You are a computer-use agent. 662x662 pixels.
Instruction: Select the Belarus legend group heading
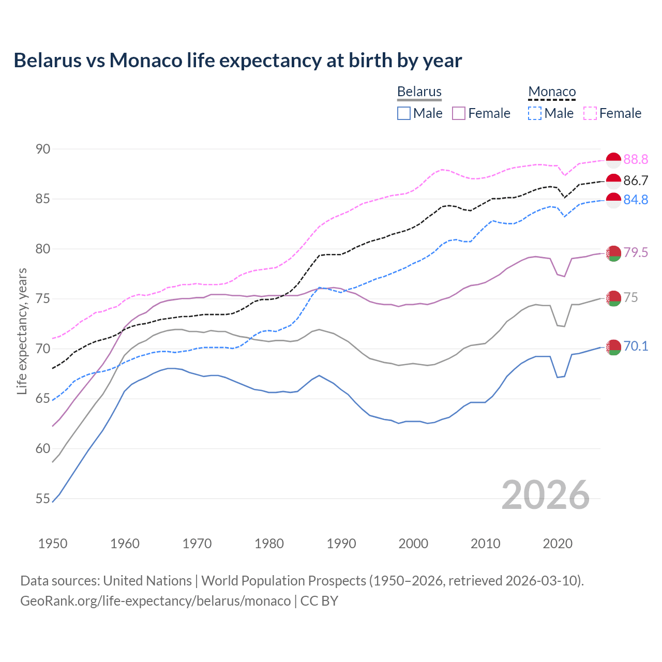point(419,92)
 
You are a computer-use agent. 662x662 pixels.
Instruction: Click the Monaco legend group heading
point(552,92)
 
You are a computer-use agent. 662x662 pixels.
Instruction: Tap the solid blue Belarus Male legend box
point(404,113)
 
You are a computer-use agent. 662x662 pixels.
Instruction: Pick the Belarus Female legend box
point(459,113)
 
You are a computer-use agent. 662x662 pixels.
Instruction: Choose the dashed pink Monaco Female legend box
point(590,113)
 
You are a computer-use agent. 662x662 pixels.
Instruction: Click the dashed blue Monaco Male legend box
point(535,113)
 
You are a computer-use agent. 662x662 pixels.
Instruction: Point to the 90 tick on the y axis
point(43,149)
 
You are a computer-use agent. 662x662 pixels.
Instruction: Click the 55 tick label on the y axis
point(43,499)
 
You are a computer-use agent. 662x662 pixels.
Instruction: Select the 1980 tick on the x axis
point(269,544)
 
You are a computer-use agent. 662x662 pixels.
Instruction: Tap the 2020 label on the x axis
point(558,544)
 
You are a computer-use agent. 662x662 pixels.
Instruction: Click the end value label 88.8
point(636,159)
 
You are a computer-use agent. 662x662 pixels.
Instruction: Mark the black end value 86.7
point(636,180)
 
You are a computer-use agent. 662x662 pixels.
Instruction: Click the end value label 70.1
point(636,346)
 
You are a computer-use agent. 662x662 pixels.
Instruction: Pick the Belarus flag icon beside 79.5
point(613,253)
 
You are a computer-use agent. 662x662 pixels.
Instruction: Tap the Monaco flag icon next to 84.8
point(613,200)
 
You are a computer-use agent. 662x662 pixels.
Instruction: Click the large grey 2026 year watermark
point(545,495)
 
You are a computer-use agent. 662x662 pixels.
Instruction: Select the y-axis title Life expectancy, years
point(22,331)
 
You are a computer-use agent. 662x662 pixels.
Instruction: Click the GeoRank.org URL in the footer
point(155,601)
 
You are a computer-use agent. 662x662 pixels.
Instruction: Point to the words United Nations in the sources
point(147,580)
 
